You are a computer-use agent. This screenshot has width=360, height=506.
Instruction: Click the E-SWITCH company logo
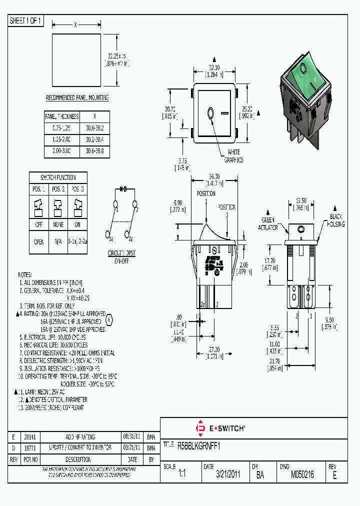coord(220,428)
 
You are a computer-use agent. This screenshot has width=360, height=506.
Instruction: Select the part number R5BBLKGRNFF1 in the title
coord(199,445)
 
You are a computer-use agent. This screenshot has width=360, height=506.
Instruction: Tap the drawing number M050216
coord(302,474)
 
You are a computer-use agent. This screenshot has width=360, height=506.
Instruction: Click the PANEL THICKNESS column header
coord(62,116)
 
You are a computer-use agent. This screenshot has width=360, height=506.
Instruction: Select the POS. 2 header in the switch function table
coord(58,189)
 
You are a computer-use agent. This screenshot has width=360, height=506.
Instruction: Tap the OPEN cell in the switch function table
coord(38,241)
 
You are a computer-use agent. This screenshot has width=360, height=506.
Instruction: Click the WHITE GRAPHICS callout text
coord(233,156)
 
